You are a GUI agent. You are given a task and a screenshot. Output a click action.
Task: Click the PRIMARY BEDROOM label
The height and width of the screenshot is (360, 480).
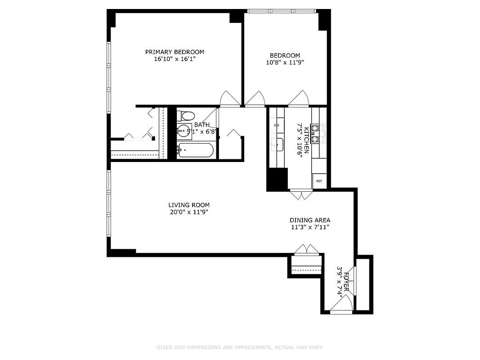point(175,52)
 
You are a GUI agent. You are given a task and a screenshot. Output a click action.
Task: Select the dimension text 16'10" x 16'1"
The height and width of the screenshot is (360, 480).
point(175,59)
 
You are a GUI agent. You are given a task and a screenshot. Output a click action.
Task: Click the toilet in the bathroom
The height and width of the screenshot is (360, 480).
point(185,116)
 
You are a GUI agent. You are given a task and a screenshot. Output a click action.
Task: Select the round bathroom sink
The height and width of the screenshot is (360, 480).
point(184,131)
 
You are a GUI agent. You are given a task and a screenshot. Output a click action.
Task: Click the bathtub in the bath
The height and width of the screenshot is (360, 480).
point(195,150)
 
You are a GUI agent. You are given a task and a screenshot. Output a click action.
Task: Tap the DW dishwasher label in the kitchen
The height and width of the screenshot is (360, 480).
point(277,125)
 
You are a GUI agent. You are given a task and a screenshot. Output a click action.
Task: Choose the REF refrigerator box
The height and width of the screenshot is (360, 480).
point(319,181)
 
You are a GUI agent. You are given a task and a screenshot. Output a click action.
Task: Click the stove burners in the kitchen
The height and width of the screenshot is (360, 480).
point(319,134)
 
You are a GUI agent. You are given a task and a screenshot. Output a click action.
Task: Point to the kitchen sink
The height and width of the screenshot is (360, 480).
point(278,144)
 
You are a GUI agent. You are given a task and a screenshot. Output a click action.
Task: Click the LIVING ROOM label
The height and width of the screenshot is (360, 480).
point(189,205)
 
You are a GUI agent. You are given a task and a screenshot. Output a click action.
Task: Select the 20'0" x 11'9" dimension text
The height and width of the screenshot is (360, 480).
point(189,212)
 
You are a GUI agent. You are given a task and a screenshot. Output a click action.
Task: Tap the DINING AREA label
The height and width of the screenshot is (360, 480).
point(310,220)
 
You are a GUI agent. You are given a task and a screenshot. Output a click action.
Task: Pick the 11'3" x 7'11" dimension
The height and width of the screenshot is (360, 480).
point(310,227)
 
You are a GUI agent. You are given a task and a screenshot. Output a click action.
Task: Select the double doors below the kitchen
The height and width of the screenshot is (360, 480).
point(301,194)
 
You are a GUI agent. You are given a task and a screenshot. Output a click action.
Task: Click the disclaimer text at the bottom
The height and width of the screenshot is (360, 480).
point(240,347)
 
